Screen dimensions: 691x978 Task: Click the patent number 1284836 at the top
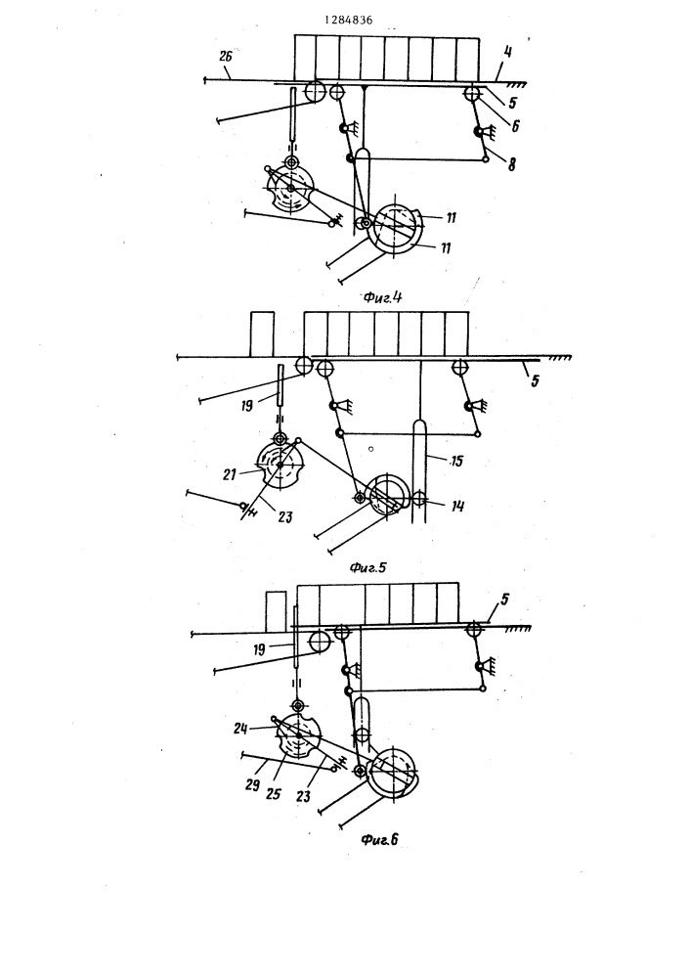pyautogui.click(x=348, y=20)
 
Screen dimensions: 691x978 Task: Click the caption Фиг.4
pyautogui.click(x=382, y=297)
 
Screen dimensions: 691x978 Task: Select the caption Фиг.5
pyautogui.click(x=367, y=567)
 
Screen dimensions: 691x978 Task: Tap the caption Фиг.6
pyautogui.click(x=379, y=839)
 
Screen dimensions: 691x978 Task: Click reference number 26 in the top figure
pyautogui.click(x=226, y=56)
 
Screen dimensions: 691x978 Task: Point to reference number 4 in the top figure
pyautogui.click(x=508, y=52)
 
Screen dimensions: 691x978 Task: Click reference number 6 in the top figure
pyautogui.click(x=515, y=126)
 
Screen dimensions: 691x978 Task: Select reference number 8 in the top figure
pyautogui.click(x=512, y=164)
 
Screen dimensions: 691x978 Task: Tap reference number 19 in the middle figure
pyautogui.click(x=246, y=406)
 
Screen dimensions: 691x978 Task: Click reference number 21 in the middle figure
pyautogui.click(x=230, y=474)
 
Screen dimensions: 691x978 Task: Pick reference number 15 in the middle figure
pyautogui.click(x=457, y=461)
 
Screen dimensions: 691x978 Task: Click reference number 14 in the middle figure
pyautogui.click(x=458, y=506)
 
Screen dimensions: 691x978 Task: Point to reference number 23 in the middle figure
pyautogui.click(x=284, y=517)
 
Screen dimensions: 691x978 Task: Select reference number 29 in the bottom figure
pyautogui.click(x=252, y=784)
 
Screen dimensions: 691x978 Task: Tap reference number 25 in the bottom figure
pyautogui.click(x=273, y=794)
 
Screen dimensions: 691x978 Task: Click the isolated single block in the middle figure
pyautogui.click(x=262, y=334)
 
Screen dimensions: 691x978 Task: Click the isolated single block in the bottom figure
pyautogui.click(x=276, y=612)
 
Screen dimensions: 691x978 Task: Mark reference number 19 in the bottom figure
pyautogui.click(x=259, y=649)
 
